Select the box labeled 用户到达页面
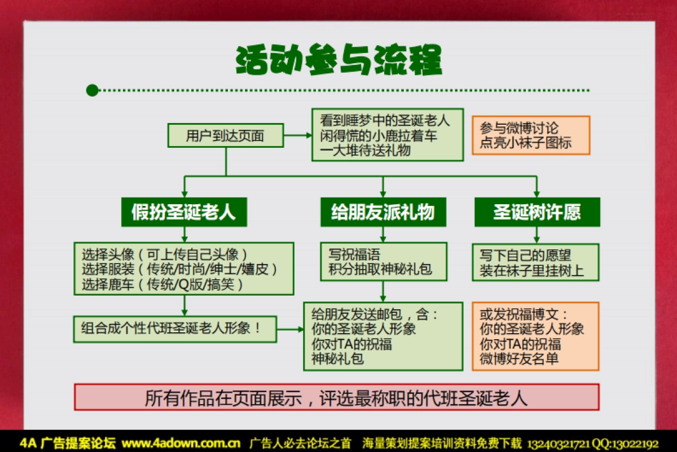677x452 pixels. [x=225, y=135]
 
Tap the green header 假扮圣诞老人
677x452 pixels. [x=184, y=212]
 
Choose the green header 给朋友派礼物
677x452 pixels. [x=383, y=212]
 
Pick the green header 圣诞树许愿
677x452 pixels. [x=537, y=212]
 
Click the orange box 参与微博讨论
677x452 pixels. [x=531, y=135]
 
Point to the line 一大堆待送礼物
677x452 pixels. [x=365, y=150]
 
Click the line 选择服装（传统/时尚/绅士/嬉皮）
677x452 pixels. [x=179, y=269]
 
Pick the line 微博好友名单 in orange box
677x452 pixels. [x=519, y=358]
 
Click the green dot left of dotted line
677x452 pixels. [x=93, y=90]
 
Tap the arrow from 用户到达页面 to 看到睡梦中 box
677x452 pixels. [x=297, y=135]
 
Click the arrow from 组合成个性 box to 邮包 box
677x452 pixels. [x=290, y=329]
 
